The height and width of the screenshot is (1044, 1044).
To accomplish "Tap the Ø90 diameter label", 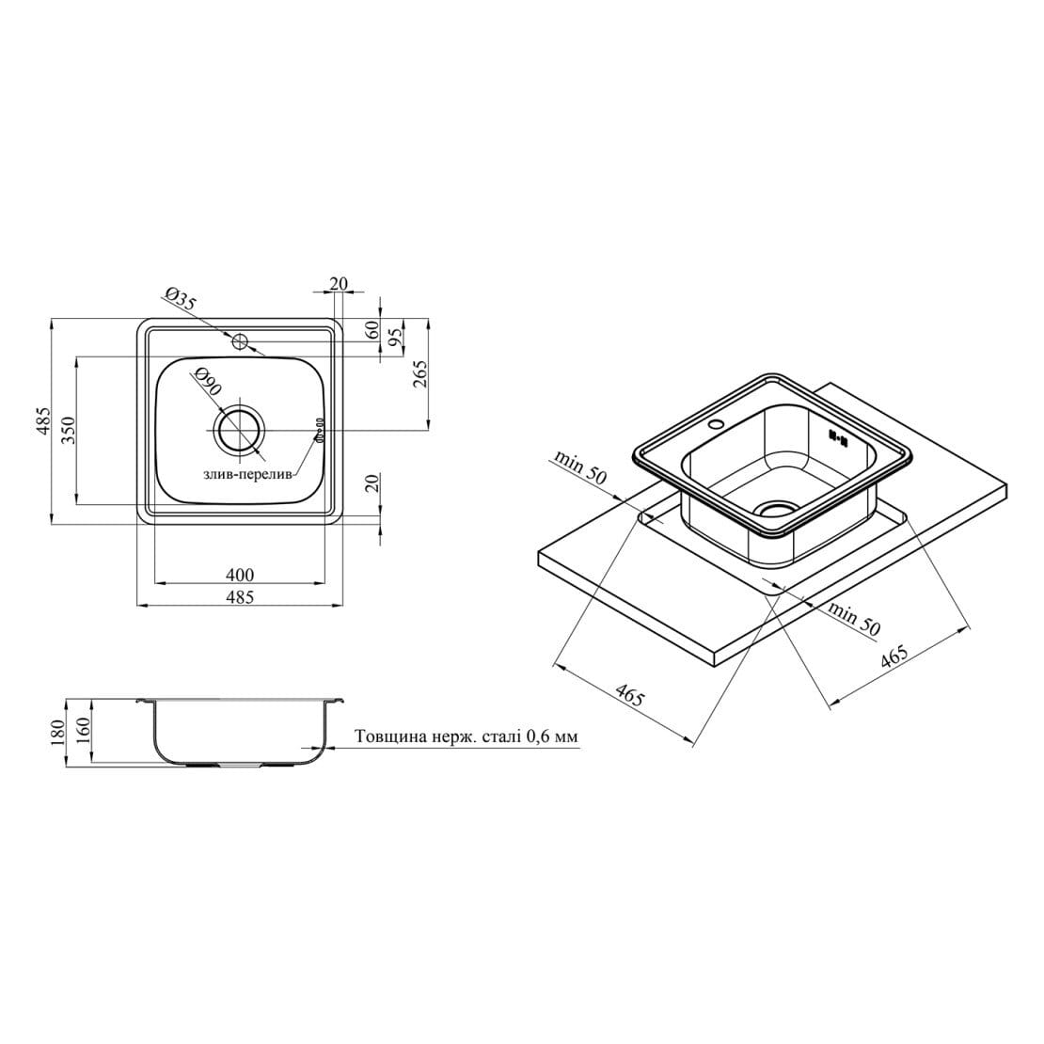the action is coord(207,382).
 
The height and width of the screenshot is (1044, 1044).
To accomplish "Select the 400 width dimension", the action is coord(241,574).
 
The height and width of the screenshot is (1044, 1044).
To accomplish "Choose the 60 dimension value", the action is coord(372,329).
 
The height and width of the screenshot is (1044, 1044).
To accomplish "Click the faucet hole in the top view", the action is coord(240,342).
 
